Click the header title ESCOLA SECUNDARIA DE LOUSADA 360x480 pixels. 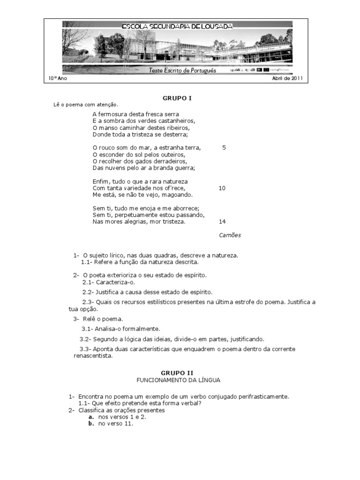click(177, 27)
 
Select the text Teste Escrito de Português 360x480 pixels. click(182, 70)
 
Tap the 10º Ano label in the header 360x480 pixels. click(57, 78)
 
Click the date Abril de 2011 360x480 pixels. click(287, 78)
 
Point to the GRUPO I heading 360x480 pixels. click(177, 98)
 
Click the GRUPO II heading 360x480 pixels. click(177, 373)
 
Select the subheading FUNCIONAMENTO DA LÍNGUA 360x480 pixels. click(178, 380)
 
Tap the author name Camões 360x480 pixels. click(230, 235)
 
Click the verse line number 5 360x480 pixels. click(224, 148)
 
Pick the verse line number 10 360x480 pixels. click(222, 188)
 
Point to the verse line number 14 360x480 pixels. click(222, 222)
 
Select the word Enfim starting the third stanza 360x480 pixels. click(100, 181)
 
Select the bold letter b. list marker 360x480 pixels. click(91, 424)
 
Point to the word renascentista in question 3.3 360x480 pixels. click(93, 356)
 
